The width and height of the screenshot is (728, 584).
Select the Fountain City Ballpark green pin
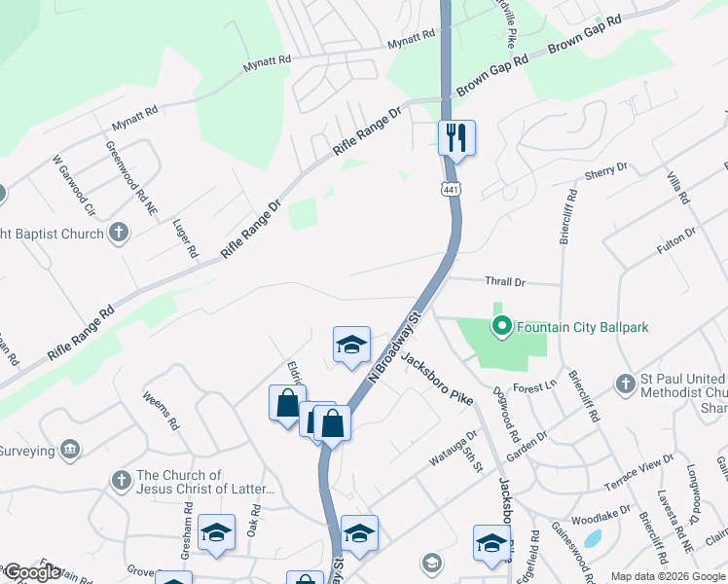502,327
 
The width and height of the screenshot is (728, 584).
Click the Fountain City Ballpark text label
582,328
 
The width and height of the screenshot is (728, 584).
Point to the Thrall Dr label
505,281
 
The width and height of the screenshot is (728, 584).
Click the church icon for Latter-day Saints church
121,481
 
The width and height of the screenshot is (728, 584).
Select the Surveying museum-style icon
70,449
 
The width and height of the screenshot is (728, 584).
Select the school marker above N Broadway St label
351,344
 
